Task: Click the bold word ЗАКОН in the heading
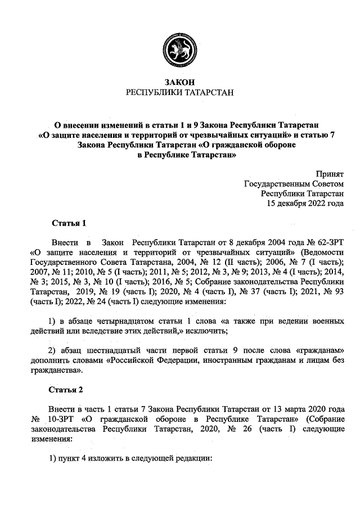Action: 180,82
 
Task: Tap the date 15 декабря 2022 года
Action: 305,203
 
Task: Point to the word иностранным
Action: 226,361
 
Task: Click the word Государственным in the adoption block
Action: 276,184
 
